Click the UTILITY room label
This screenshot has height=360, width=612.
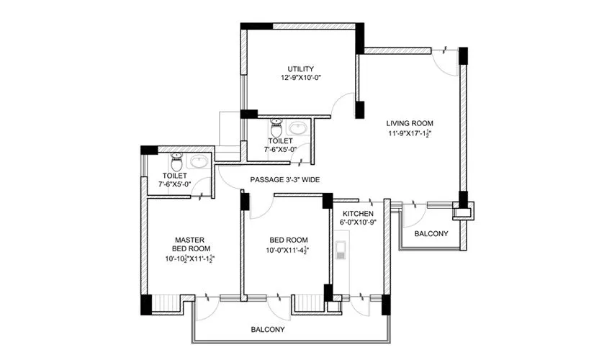point(300,68)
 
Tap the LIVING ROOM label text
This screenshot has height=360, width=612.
point(410,122)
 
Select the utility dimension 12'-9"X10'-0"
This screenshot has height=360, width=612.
point(300,78)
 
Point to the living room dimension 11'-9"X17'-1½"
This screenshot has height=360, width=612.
point(410,132)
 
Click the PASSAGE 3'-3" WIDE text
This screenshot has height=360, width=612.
point(285,179)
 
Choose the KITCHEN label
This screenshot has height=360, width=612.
point(357,215)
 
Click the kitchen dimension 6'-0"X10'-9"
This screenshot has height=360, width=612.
point(357,223)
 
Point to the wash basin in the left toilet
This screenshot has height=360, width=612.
point(201,161)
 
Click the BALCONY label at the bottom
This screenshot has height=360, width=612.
point(267,329)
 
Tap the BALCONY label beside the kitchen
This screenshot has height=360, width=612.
point(431,233)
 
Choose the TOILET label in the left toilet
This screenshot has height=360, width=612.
point(175,175)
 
